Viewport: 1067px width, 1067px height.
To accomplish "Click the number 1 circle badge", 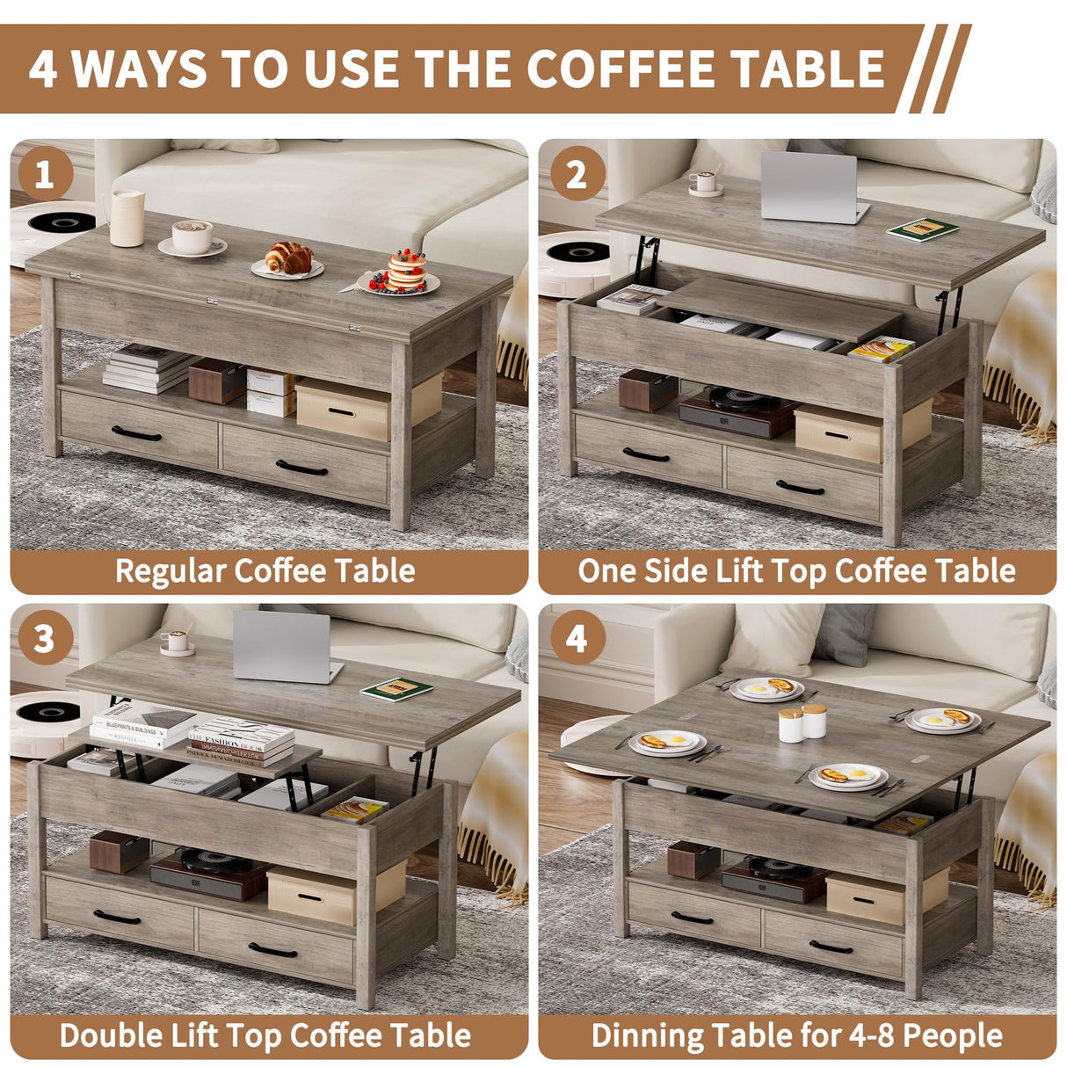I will (x=44, y=174).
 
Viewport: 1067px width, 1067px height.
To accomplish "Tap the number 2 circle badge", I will (x=576, y=174).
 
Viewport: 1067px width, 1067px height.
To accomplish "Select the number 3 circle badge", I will (x=44, y=639).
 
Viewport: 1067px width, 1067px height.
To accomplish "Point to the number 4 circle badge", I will (x=576, y=639).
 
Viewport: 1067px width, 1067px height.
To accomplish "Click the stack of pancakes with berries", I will (x=405, y=272).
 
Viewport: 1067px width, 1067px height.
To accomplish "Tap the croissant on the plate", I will (x=289, y=258).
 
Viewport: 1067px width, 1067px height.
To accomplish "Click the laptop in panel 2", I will (x=810, y=187).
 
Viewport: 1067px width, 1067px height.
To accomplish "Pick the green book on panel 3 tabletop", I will (x=396, y=689).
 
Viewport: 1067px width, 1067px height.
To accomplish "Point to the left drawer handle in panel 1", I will (x=136, y=433).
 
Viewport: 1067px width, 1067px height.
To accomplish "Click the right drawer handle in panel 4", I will (x=831, y=947).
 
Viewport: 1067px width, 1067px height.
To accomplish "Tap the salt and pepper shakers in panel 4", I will (x=802, y=722).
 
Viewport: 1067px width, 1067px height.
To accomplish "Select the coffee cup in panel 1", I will (x=192, y=237).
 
